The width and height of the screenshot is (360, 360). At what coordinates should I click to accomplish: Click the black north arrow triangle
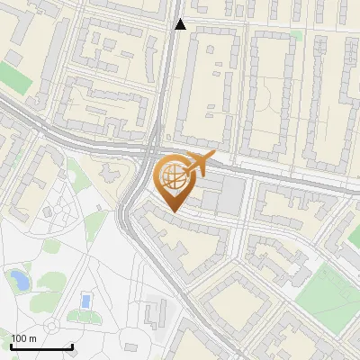[x=180, y=24]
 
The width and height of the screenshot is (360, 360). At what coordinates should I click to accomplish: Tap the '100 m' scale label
[x=23, y=338]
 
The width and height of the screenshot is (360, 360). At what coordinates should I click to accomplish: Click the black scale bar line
[x=40, y=346]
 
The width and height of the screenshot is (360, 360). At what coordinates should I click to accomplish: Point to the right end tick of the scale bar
[x=71, y=345]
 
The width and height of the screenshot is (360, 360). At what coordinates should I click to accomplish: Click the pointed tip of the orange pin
[x=172, y=212]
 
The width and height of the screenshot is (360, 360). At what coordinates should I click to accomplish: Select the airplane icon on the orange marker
[x=198, y=165]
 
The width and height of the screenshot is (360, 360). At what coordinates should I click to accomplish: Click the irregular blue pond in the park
[x=18, y=282]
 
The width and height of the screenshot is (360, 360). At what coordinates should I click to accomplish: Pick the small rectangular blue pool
[x=85, y=300]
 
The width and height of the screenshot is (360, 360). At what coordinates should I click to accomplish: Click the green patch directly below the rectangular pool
[x=85, y=316]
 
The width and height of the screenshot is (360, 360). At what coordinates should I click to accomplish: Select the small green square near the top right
[x=296, y=36]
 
